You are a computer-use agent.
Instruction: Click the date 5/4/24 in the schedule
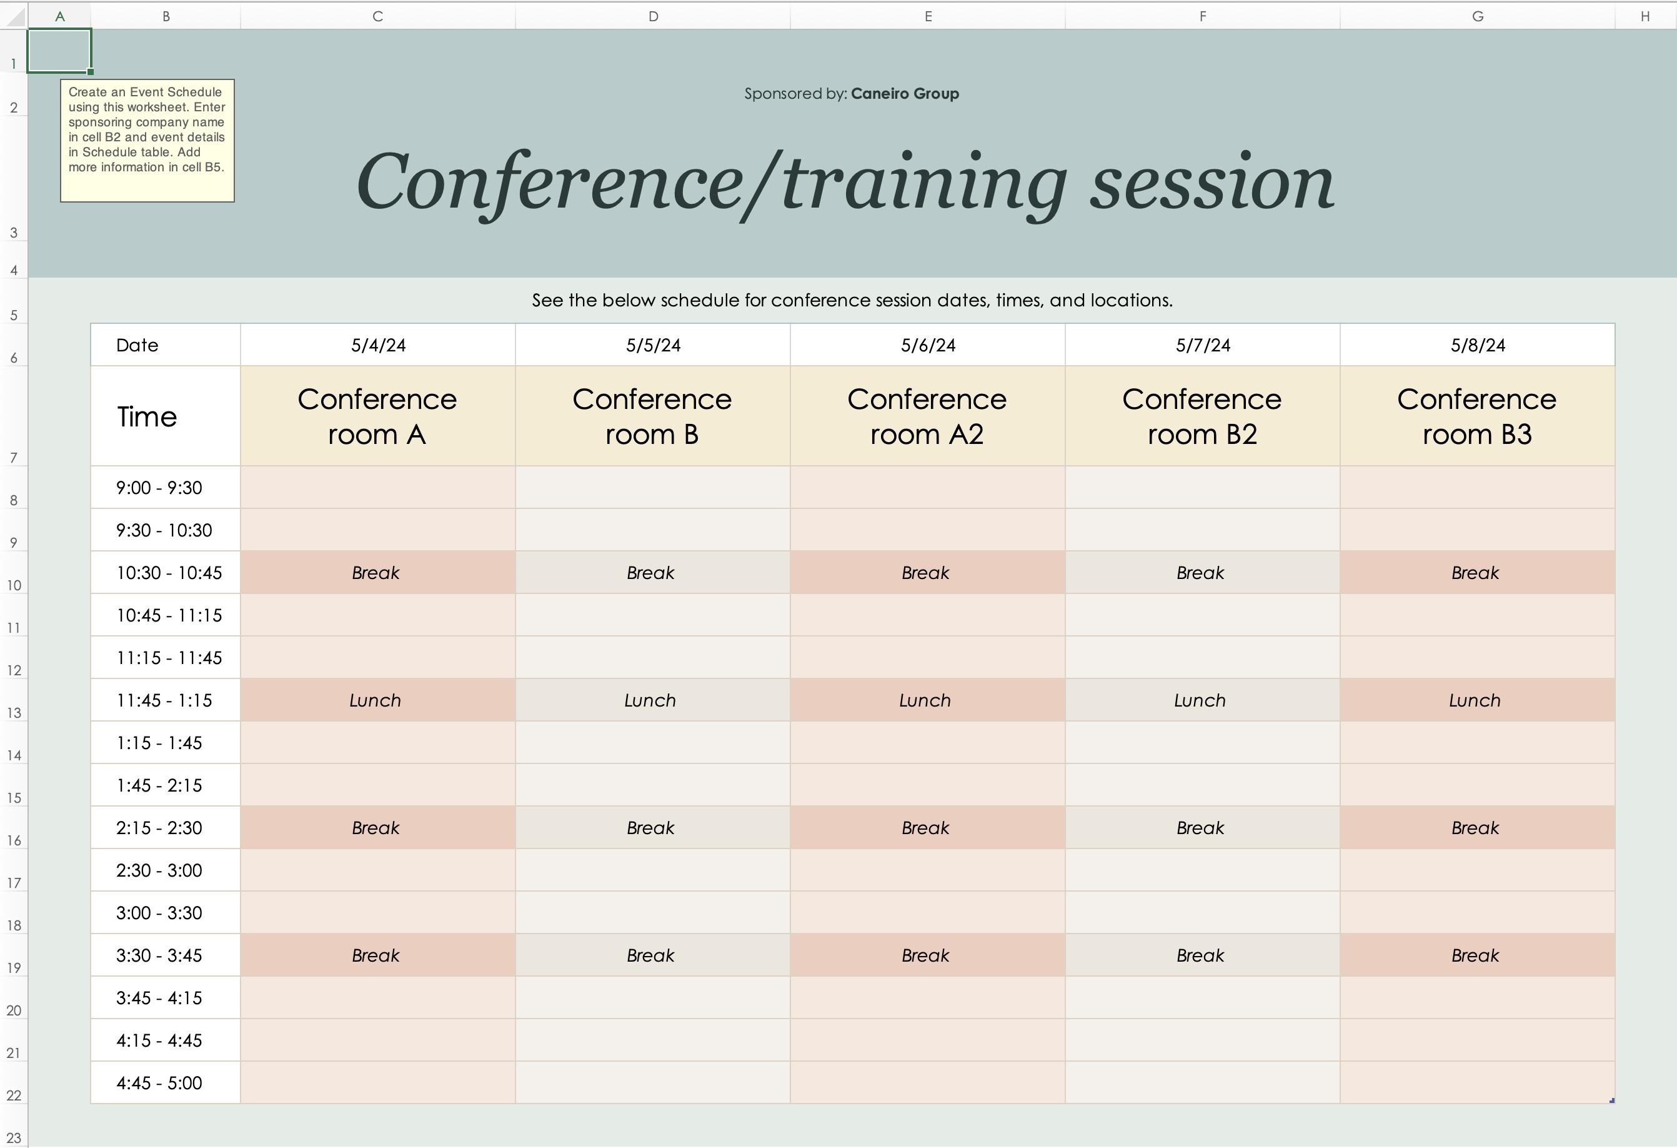pos(378,345)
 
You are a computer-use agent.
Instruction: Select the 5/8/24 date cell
pos(1478,345)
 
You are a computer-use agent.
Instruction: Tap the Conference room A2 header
pos(927,416)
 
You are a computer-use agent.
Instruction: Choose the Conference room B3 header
pos(1477,416)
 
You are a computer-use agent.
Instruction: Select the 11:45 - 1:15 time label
pos(164,700)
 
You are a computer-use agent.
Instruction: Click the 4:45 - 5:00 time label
pos(159,1083)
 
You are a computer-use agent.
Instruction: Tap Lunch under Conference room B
pos(650,700)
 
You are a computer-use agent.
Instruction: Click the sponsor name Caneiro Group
pos(905,94)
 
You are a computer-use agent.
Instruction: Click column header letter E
pos(928,16)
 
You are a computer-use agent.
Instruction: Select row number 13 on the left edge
pos(14,713)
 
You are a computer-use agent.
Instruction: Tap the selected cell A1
pos(59,51)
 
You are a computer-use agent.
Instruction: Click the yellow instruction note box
pos(147,141)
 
